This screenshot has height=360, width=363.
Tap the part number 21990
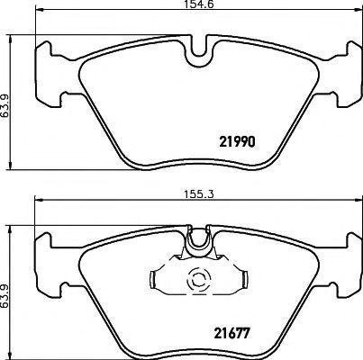[x=238, y=141]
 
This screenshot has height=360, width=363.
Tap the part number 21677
[x=231, y=333]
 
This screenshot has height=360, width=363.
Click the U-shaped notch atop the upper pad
[x=198, y=49]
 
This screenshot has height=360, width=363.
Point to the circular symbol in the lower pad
[x=198, y=280]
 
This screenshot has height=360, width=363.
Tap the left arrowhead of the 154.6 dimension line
[x=39, y=11]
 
